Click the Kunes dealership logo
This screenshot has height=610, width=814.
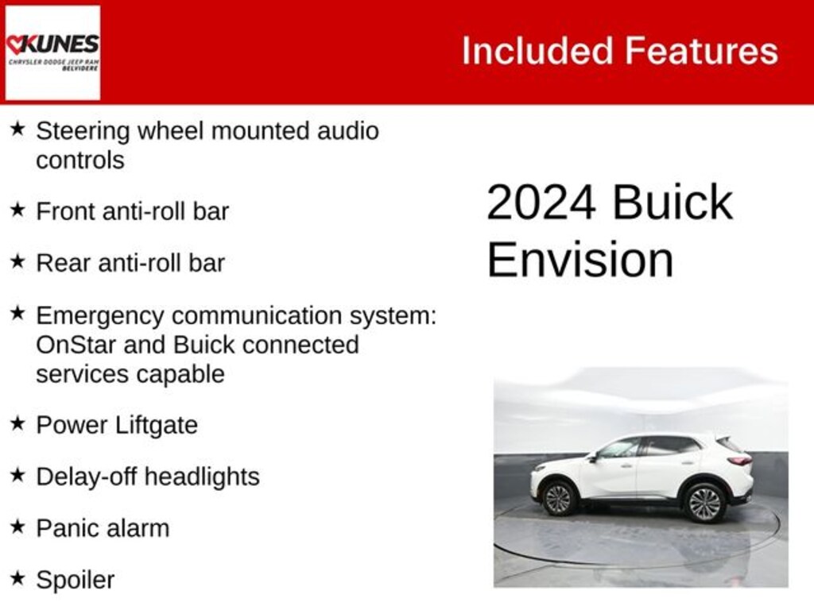click(x=52, y=52)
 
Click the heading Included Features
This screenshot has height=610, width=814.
click(x=619, y=51)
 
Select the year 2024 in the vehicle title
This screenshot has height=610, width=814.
click(x=541, y=203)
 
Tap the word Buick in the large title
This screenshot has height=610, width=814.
click(x=673, y=203)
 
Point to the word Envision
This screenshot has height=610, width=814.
click(x=579, y=260)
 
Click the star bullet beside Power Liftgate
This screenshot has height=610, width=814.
click(x=17, y=423)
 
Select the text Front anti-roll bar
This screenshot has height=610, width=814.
click(x=132, y=211)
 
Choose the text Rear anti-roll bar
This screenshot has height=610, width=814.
click(x=130, y=263)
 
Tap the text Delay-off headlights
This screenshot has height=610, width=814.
click(x=148, y=477)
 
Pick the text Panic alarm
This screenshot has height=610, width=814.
click(x=103, y=528)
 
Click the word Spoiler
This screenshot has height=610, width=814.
click(x=75, y=580)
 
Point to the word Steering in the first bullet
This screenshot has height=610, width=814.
click(x=83, y=131)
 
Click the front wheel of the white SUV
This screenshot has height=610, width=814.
click(x=557, y=499)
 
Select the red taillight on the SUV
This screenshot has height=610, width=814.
click(x=739, y=460)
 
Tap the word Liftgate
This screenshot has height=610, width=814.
click(x=156, y=425)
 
